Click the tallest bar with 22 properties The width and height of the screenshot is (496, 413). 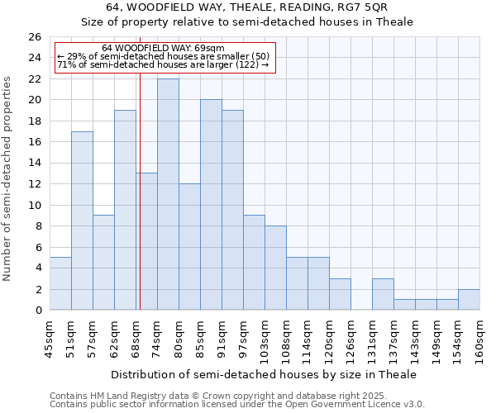[168, 194]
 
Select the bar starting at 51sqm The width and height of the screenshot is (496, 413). [82, 221]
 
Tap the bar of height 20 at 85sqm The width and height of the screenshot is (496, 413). [211, 205]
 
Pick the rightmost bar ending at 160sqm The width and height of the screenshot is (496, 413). [469, 300]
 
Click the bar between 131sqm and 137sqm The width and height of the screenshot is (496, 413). [383, 295]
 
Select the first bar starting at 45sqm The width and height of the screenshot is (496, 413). [60, 283]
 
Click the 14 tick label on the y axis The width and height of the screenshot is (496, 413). [34, 163]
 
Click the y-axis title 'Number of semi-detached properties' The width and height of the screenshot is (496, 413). [8, 178]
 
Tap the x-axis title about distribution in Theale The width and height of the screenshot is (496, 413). [264, 374]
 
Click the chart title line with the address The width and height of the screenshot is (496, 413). [247, 7]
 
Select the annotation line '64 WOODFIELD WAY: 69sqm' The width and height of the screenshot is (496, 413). [163, 49]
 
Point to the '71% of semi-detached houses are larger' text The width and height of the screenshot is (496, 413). [163, 64]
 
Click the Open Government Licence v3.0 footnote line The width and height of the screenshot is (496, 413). [237, 405]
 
